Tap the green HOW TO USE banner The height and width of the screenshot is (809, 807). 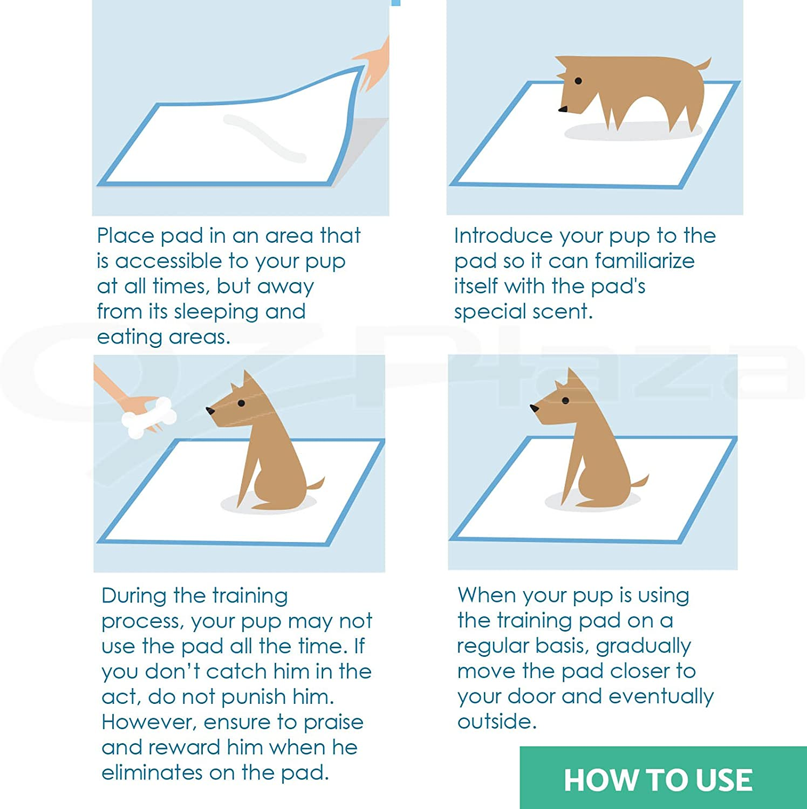pyautogui.click(x=663, y=778)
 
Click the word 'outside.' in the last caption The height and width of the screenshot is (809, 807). pyautogui.click(x=497, y=722)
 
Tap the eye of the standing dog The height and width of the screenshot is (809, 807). pyautogui.click(x=578, y=81)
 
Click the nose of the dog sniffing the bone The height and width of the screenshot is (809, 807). pyautogui.click(x=210, y=411)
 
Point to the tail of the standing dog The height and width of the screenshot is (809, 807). pyautogui.click(x=703, y=65)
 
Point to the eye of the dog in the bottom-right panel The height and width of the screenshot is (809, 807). pyautogui.click(x=565, y=401)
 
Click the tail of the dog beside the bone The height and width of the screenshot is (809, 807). pyautogui.click(x=316, y=484)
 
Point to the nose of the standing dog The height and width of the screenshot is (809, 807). pyautogui.click(x=563, y=109)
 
